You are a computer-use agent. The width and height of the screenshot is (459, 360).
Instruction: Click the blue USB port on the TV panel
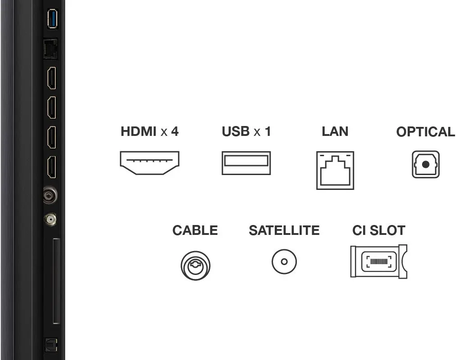[53, 18]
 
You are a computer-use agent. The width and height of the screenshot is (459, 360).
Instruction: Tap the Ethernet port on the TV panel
[50, 49]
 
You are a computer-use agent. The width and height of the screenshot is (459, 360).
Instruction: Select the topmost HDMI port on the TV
[52, 78]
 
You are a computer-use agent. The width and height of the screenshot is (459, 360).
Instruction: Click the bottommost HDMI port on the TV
[52, 167]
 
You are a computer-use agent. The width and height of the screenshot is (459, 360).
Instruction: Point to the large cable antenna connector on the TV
[50, 195]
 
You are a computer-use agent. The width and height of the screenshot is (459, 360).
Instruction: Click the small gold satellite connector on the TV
[50, 219]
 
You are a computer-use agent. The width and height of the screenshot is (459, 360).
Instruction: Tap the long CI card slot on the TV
[56, 281]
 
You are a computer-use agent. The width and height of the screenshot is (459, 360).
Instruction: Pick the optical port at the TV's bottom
[51, 346]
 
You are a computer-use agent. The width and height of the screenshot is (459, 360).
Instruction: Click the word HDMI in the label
[139, 131]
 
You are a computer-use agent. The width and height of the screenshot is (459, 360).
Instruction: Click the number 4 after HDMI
[175, 131]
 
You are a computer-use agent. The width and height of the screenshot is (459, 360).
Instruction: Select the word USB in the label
[236, 131]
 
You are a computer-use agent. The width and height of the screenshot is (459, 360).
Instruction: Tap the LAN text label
[335, 131]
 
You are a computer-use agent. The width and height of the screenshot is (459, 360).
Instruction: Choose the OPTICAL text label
[426, 132]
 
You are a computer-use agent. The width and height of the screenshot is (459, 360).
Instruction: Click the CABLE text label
[195, 230]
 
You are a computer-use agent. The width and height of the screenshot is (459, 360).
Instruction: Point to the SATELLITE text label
[284, 230]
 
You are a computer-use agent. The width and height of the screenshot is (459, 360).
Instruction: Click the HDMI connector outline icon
[150, 152]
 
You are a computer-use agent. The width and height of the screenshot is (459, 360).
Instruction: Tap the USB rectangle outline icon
[246, 152]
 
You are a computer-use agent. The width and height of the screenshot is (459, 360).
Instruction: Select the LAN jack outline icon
[335, 152]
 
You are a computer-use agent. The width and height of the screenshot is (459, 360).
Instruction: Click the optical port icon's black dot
[426, 165]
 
